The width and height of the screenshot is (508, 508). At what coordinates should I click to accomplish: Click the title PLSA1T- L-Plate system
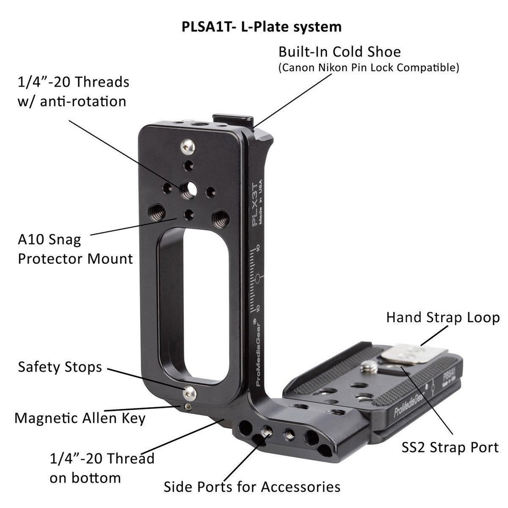point(262,27)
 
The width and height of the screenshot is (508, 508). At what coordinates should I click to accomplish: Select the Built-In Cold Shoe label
point(339,52)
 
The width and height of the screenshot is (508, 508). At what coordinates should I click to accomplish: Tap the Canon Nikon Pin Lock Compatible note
point(369,68)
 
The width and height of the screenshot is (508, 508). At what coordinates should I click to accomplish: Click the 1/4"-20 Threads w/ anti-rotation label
point(73,91)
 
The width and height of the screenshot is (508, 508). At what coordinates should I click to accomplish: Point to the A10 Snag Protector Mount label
point(75,249)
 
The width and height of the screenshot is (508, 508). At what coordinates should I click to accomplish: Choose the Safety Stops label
point(60,367)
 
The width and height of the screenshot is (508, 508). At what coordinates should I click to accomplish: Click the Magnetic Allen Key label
point(80,418)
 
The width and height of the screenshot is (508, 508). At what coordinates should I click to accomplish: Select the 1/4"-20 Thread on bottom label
point(102,468)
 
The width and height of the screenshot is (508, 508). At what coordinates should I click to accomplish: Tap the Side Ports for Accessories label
point(251,487)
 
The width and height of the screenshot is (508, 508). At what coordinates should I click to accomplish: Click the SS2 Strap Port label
point(450,447)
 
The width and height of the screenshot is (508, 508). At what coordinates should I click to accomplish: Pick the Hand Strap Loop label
point(443,317)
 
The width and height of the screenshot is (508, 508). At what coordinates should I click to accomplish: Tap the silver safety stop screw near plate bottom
point(190,393)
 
